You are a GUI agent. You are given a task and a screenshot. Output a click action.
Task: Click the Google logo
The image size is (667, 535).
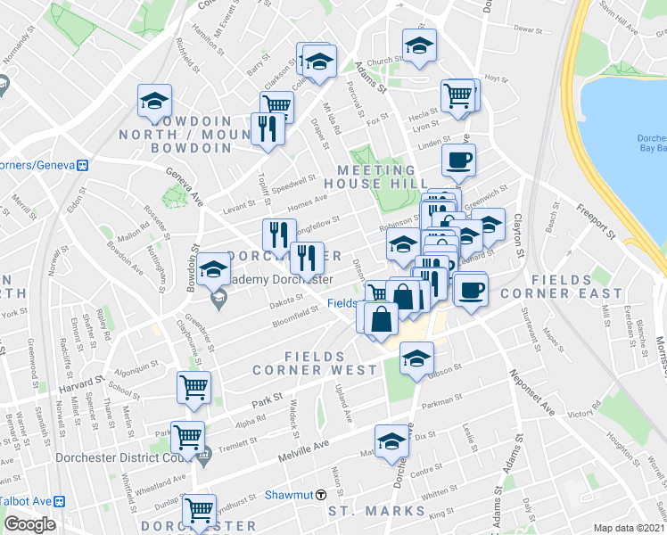click(x=29, y=523)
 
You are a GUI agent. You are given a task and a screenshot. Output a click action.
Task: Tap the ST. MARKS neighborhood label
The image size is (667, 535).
click(x=376, y=511)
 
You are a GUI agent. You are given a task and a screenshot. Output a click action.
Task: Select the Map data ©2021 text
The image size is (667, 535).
click(x=629, y=528)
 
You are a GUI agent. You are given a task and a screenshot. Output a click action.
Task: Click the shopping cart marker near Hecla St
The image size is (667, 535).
click(x=458, y=95)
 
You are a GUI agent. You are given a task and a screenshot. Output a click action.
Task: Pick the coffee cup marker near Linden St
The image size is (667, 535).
click(x=459, y=160)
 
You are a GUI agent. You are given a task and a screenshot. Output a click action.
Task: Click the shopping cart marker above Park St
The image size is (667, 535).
click(x=194, y=387)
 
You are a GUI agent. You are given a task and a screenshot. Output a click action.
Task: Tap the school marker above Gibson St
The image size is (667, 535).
click(x=415, y=358)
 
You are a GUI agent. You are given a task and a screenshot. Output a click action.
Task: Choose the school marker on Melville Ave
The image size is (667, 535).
click(x=390, y=440)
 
